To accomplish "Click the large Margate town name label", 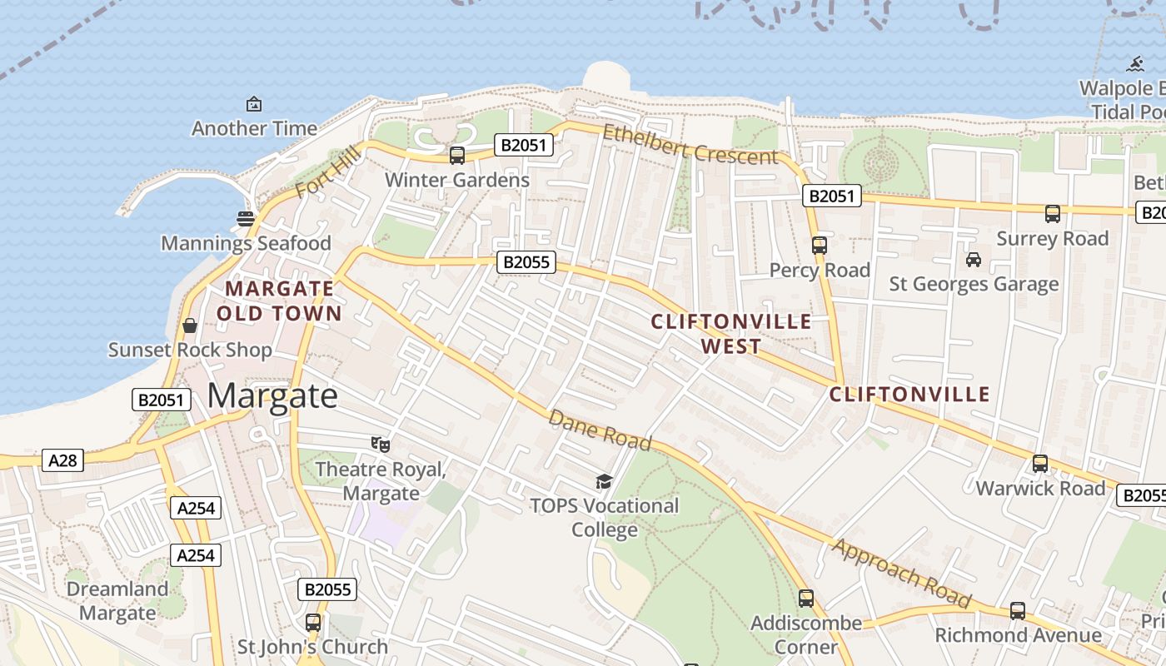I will (272, 396).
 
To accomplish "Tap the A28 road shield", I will (63, 460).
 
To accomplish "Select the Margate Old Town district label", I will (280, 301).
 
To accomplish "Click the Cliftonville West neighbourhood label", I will (730, 334).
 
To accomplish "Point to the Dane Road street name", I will (600, 430).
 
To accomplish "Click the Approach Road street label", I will (902, 574).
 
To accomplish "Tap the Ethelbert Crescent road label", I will (690, 145).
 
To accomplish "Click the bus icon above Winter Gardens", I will (456, 155).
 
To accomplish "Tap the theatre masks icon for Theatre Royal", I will (381, 444).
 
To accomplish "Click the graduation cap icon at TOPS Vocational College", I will (604, 481).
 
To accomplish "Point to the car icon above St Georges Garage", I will (973, 260).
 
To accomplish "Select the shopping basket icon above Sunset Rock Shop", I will (190, 325).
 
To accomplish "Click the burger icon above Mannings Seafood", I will (246, 219).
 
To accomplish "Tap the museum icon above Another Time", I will (254, 104).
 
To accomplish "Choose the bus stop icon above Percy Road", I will (820, 245).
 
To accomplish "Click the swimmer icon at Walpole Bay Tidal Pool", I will (1135, 64).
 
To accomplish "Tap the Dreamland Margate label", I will (117, 601).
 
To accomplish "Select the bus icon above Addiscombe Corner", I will (805, 598).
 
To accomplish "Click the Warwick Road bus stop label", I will (1040, 488).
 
